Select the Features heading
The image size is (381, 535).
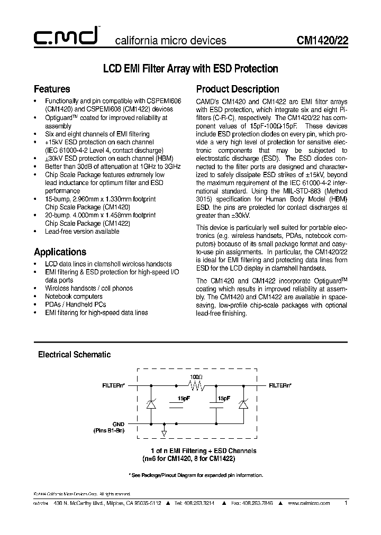click(52, 89)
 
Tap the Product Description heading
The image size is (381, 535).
click(238, 89)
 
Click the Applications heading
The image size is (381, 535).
click(60, 252)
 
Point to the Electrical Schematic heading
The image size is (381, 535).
click(74, 355)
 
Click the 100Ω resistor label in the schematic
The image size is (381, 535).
click(196, 376)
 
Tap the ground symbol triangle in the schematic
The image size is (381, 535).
click(164, 433)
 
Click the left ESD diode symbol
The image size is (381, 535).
click(150, 404)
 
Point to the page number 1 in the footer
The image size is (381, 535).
click(346, 503)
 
